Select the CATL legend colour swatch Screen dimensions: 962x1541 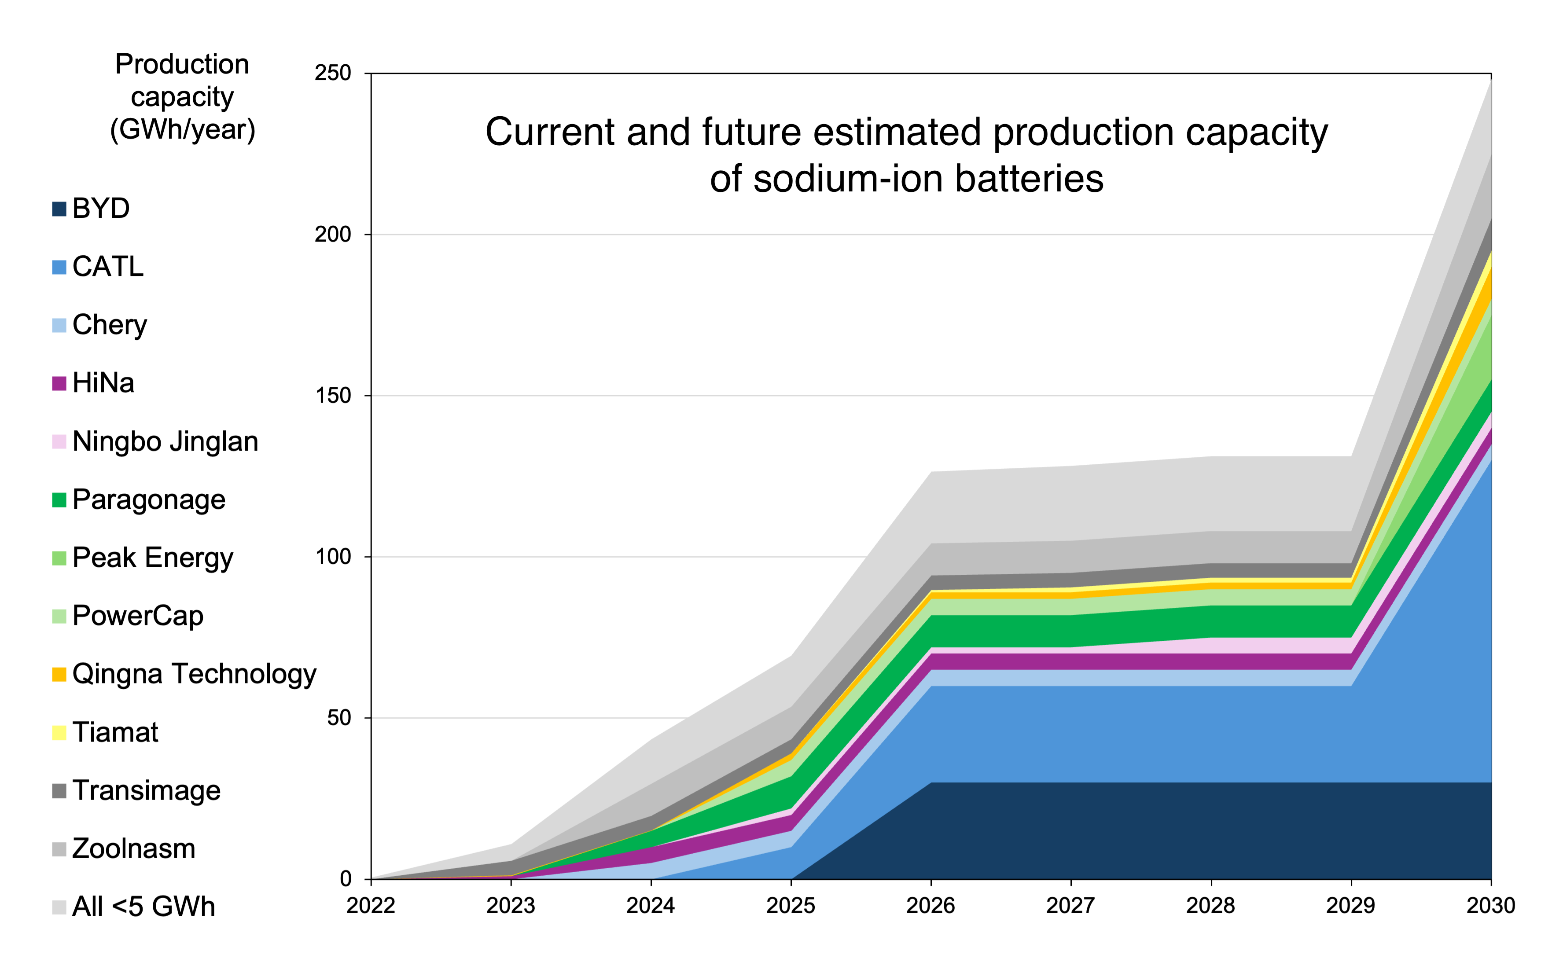[59, 267]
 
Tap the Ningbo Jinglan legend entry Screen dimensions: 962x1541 [165, 441]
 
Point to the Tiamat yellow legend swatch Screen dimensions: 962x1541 [59, 733]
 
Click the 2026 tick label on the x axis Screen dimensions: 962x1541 [930, 905]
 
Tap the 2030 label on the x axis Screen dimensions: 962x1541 [1490, 905]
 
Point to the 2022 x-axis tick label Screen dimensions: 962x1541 [370, 905]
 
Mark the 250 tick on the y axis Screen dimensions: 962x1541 [333, 73]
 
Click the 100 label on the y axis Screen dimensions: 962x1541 [333, 557]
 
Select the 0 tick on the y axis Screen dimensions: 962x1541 [346, 879]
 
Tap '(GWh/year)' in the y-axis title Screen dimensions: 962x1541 [183, 130]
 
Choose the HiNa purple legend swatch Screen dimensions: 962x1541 [59, 384]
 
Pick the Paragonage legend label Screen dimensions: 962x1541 [148, 500]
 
